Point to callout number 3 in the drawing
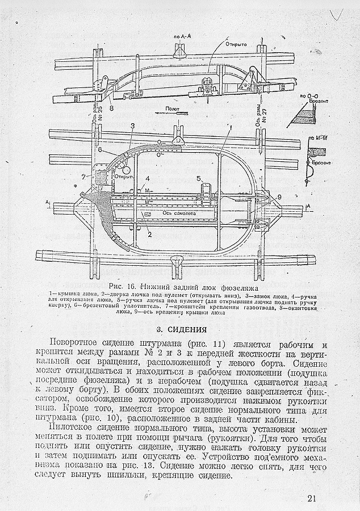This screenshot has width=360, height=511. click(x=132, y=125)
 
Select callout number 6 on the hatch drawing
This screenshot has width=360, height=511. click(x=99, y=150)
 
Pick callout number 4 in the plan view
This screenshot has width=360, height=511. click(x=146, y=181)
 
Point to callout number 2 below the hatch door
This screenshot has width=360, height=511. click(x=149, y=233)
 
